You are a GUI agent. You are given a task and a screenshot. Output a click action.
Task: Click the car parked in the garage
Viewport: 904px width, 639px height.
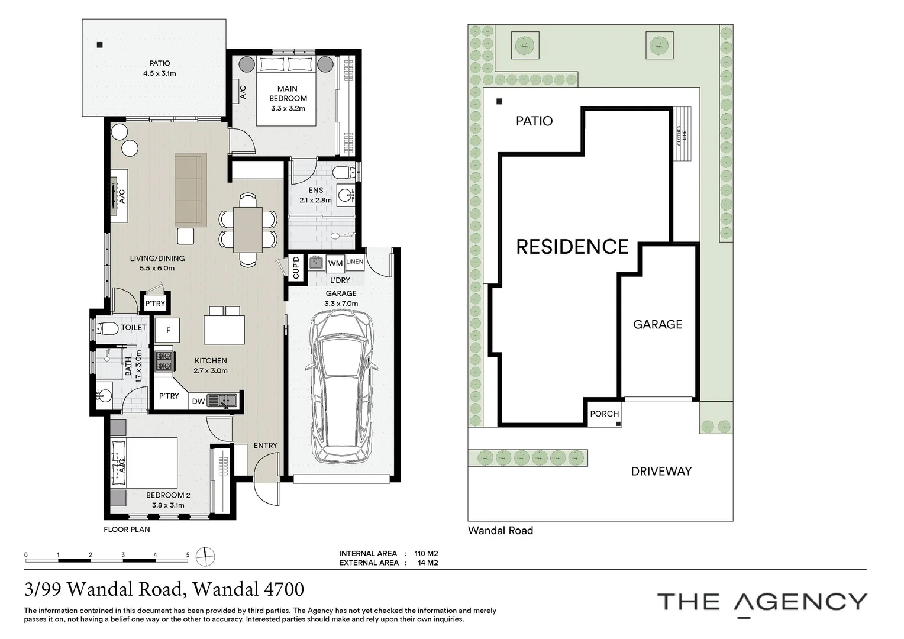341,387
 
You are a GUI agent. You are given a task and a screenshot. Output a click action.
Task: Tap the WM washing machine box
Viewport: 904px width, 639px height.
335,263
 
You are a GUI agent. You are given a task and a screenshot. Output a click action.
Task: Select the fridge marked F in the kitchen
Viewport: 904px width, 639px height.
168,330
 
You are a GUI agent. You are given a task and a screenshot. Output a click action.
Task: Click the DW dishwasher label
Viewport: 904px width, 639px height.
199,401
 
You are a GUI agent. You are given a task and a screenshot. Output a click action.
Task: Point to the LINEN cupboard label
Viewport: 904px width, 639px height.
355,262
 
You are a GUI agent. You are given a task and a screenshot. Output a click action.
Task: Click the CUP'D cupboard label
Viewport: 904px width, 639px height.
296,267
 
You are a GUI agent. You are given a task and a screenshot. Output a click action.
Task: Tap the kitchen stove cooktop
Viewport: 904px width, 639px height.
163,361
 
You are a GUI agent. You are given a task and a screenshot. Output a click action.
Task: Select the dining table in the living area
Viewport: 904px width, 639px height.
248,230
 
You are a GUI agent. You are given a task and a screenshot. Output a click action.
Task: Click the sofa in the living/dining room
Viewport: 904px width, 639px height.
191,190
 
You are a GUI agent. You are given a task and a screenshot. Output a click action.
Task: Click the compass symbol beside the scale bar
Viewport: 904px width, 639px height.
205,557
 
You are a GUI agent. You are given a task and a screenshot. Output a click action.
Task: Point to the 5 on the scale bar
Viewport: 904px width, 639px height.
188,554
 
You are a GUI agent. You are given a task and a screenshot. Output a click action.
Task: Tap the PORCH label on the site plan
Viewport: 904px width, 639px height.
604,414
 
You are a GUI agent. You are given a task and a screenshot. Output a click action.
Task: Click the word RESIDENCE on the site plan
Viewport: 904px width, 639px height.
572,247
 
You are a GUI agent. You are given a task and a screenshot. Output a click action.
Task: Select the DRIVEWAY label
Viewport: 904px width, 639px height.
661,471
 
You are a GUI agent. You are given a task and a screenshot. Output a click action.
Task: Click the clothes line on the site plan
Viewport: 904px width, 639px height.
682,134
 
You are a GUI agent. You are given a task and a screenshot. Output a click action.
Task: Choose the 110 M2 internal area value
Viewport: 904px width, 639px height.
426,553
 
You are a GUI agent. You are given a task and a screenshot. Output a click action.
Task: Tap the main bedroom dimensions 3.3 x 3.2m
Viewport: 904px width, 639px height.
288,108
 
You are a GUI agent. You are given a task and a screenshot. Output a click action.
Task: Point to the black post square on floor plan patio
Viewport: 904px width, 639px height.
99,45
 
